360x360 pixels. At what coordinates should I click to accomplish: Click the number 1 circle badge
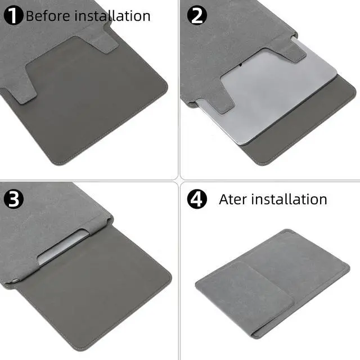pos(13,15)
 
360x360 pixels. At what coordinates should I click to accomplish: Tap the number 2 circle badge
pos(197,15)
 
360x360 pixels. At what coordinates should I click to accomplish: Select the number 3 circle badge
pos(13,199)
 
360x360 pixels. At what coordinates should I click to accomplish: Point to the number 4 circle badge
pos(197,199)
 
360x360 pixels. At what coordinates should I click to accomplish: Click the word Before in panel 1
pos(48,16)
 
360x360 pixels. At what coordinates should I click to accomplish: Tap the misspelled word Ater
pos(232,199)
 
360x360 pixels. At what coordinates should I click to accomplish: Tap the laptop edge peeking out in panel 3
pos(62,247)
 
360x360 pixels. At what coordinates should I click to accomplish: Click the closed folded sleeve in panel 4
pos(272,283)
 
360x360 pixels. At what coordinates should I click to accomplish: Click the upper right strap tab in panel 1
pos(103,39)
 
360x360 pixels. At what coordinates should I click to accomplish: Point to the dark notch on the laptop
pos(240,65)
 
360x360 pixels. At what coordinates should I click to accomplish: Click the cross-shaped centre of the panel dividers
pos(179,181)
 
